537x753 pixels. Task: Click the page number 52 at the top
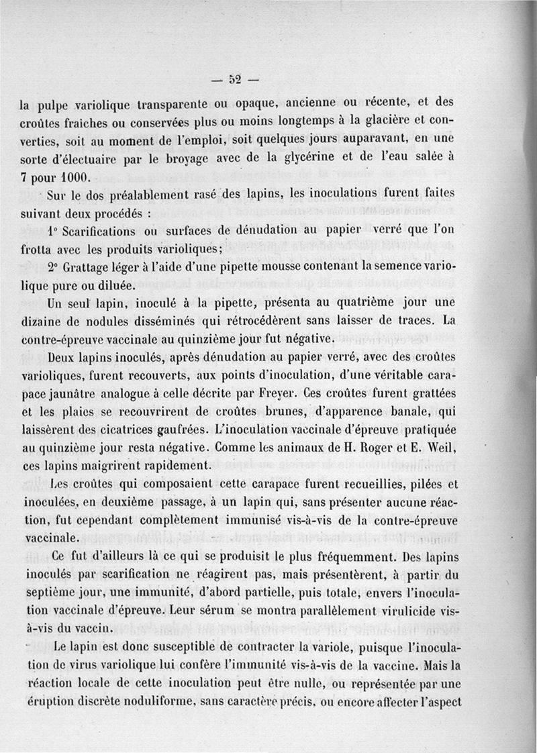(234, 79)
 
